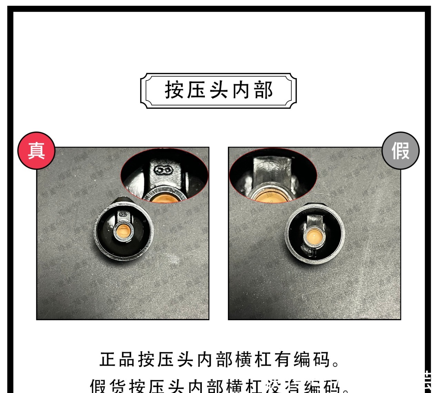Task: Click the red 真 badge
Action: tap(36, 151)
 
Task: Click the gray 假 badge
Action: tap(400, 151)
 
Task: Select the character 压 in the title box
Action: tap(196, 90)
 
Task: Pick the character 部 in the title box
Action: tap(264, 90)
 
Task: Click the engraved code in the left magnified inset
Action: tap(163, 170)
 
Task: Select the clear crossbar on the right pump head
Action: tap(314, 221)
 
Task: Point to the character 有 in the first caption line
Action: tap(283, 360)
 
